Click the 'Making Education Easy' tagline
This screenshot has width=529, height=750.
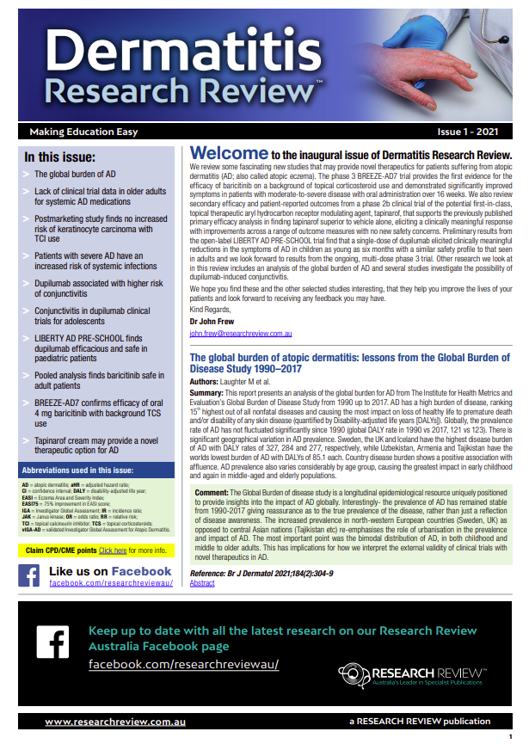pyautogui.click(x=83, y=132)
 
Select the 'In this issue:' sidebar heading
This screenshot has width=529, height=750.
pyautogui.click(x=60, y=157)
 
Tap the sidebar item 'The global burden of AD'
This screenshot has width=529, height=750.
pyautogui.click(x=75, y=175)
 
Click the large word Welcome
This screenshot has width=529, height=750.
pyautogui.click(x=228, y=154)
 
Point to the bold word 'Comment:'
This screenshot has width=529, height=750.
pyautogui.click(x=212, y=493)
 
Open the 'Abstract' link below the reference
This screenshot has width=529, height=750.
pyautogui.click(x=202, y=582)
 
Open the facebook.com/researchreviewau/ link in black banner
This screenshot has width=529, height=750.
pyautogui.click(x=183, y=666)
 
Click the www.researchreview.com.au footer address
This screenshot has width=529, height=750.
pyautogui.click(x=99, y=721)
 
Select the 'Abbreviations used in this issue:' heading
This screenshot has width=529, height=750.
pyautogui.click(x=78, y=471)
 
